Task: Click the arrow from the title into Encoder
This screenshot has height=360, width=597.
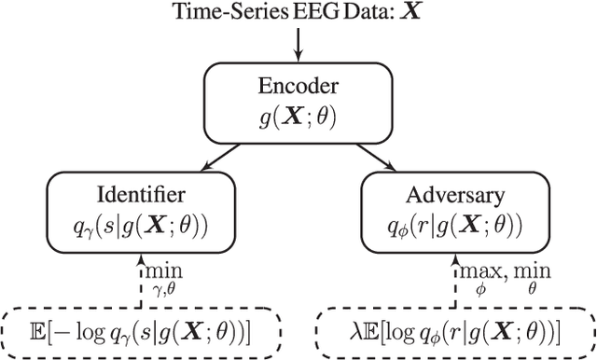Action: click(x=299, y=42)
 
